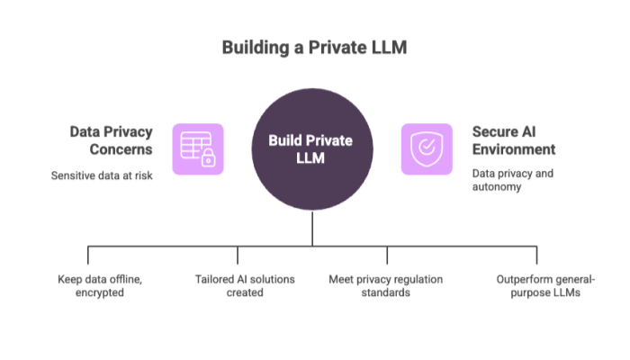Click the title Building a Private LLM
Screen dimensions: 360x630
point(314,47)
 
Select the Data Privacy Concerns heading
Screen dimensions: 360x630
point(110,139)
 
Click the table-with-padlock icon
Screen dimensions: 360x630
point(197,149)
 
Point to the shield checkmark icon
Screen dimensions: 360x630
point(427,149)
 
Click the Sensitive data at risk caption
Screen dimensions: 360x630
point(102,175)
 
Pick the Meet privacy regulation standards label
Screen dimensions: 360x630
point(385,285)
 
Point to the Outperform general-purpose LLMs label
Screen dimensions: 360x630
point(537,285)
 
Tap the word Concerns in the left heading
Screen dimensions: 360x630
point(123,148)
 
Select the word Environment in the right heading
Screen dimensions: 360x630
point(514,148)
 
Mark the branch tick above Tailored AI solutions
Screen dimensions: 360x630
point(238,255)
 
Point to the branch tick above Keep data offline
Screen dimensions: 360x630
point(87,255)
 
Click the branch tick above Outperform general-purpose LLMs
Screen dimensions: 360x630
point(537,255)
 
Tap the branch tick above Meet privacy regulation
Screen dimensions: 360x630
point(388,255)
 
